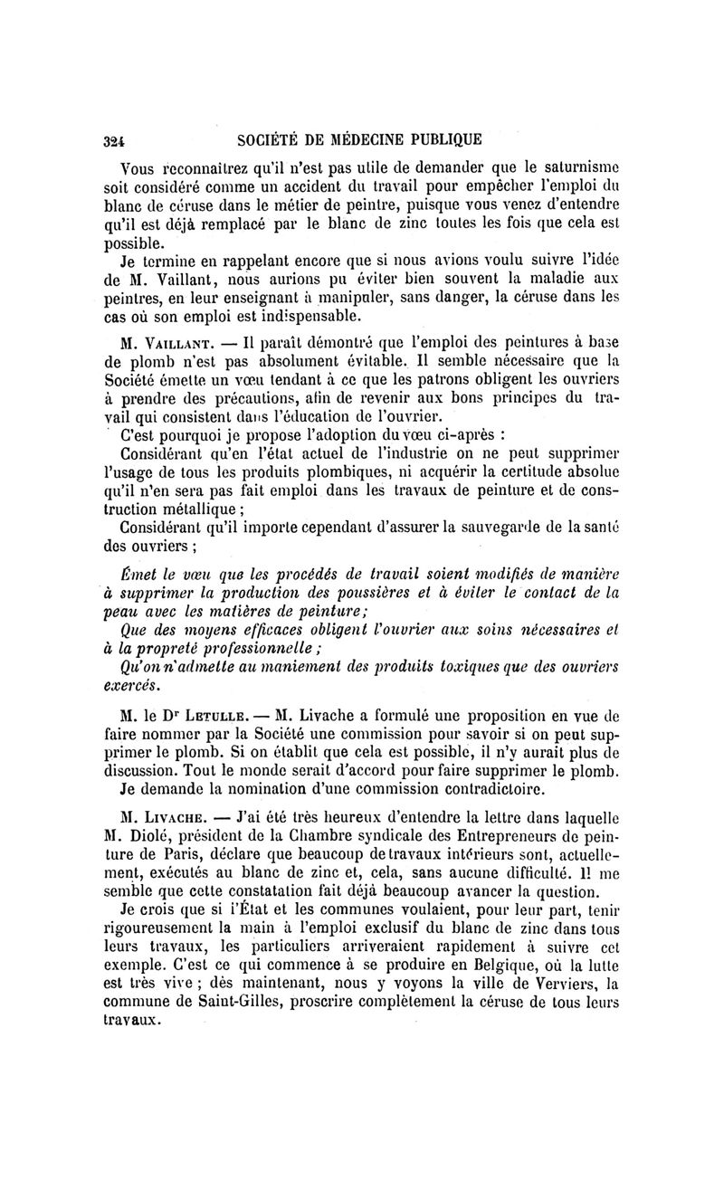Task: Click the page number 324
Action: pyautogui.click(x=113, y=140)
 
